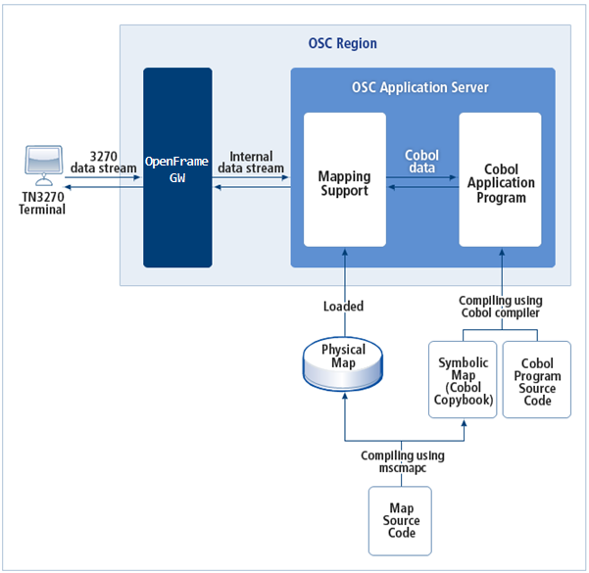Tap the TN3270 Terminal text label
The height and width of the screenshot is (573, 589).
pos(42,203)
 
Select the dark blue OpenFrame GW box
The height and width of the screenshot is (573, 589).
pos(177,167)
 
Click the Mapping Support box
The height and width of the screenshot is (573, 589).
pos(344,183)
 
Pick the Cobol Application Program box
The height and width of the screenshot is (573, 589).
pos(500,183)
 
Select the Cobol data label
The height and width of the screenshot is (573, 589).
pos(422,162)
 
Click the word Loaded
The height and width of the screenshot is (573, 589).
pos(343,307)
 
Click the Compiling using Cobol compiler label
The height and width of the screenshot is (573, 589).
pos(500,308)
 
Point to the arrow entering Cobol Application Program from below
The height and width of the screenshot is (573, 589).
pos(500,269)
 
